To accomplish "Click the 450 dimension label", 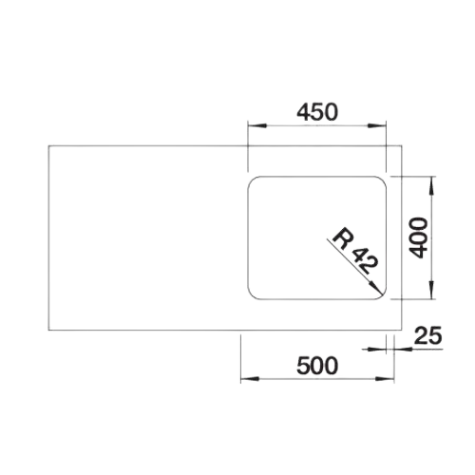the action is [x=317, y=112].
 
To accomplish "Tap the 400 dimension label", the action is [x=418, y=237].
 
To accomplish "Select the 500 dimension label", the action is [x=317, y=366].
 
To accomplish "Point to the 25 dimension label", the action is [x=427, y=335].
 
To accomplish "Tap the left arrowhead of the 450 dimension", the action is [x=256, y=125].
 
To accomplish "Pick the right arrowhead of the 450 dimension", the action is [x=377, y=125].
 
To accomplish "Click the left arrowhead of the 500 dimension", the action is [x=250, y=379].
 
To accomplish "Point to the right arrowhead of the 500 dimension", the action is [x=385, y=379].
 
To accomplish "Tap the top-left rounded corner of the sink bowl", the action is [x=252, y=180].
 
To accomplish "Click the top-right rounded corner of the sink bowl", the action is [x=382, y=180].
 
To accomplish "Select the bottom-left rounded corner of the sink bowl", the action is [x=252, y=295].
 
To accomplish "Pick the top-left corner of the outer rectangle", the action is [x=48, y=145].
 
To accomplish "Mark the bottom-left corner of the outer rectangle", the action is [x=48, y=331].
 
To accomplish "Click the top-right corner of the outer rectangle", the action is [x=402, y=145].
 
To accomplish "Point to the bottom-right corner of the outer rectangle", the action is [x=402, y=331].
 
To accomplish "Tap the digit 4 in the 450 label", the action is [x=303, y=112].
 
